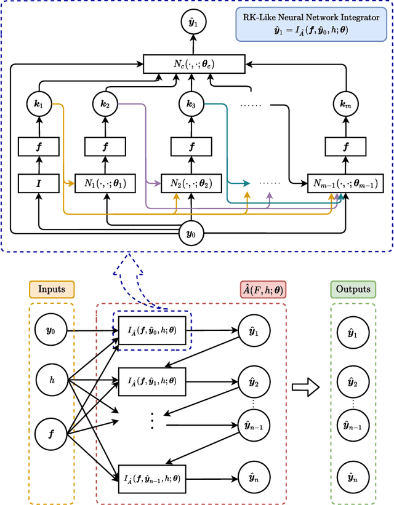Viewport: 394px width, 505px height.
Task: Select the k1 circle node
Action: pyautogui.click(x=38, y=104)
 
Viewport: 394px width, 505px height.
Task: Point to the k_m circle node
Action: pyautogui.click(x=345, y=104)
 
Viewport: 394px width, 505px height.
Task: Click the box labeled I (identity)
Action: pyautogui.click(x=38, y=183)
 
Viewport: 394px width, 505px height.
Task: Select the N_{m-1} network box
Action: pyautogui.click(x=344, y=183)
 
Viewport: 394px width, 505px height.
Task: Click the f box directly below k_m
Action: pyautogui.click(x=345, y=148)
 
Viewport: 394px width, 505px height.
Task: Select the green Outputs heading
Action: pyautogui.click(x=353, y=289)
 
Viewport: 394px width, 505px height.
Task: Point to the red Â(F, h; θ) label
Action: pyautogui.click(x=262, y=289)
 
